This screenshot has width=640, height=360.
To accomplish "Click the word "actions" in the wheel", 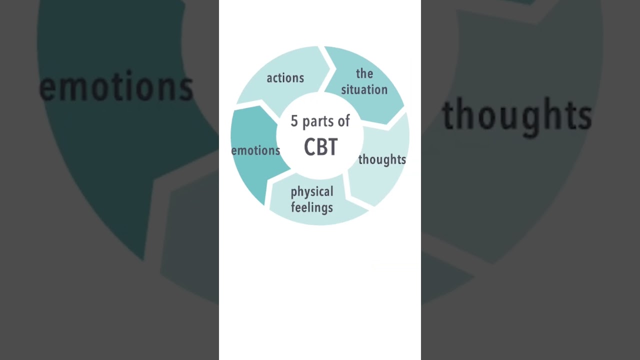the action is click(x=285, y=78).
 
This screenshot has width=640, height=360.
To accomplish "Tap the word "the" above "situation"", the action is click(x=364, y=73).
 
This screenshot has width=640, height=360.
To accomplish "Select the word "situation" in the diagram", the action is click(x=364, y=89).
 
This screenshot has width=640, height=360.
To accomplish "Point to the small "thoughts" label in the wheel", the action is click(x=382, y=159).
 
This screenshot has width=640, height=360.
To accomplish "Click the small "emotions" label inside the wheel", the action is click(x=255, y=150).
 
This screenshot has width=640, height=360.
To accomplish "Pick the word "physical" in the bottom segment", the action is click(x=312, y=192).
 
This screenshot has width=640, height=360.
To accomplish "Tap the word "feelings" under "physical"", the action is click(x=311, y=207).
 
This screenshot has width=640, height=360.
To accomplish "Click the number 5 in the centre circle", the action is click(x=294, y=121).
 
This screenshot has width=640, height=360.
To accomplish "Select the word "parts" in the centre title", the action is click(x=318, y=122).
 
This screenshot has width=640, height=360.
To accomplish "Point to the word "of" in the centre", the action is click(x=343, y=121).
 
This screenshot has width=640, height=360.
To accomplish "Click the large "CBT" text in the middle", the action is click(x=320, y=147).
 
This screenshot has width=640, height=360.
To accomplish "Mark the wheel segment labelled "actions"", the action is click(x=285, y=80).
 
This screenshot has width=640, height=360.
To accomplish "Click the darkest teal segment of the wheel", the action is click(x=254, y=148).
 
